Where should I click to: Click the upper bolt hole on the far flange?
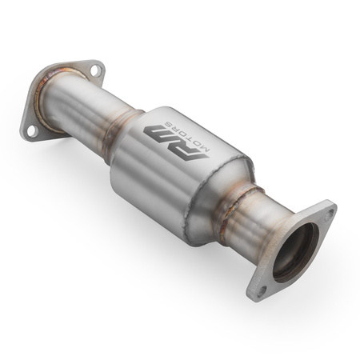95,71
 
